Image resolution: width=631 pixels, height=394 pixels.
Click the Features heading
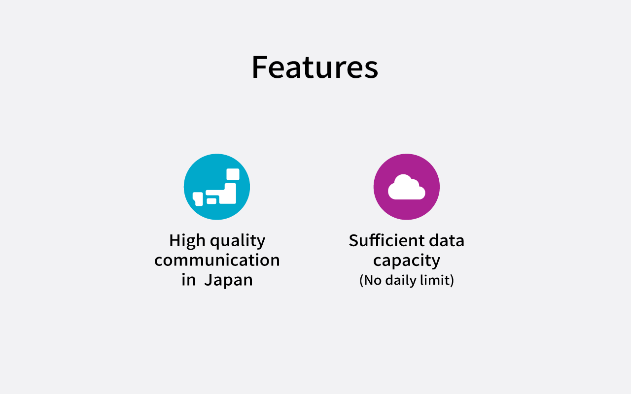coord(315,67)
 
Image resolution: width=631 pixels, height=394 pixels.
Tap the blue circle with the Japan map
coord(217,187)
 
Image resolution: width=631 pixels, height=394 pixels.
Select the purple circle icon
coord(407,187)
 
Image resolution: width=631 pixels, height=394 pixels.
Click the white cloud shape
coord(407,187)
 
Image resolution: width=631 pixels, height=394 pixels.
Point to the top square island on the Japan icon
coord(233,174)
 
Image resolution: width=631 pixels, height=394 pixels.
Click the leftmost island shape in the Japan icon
coord(198,199)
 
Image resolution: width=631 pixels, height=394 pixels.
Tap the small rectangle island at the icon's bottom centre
coord(211,201)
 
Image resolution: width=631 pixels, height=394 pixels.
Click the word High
coord(187,241)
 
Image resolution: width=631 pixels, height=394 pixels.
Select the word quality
coord(238,241)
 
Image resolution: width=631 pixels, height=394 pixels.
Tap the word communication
coord(217,260)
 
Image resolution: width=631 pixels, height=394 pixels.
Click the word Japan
coord(228,280)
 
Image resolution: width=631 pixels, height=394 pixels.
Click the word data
coord(447,241)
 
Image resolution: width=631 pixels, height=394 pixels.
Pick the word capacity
coord(407,261)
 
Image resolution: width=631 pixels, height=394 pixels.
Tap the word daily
coord(400,281)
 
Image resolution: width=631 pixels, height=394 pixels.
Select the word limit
coord(435,280)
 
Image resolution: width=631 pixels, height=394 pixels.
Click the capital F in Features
coord(259,67)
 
